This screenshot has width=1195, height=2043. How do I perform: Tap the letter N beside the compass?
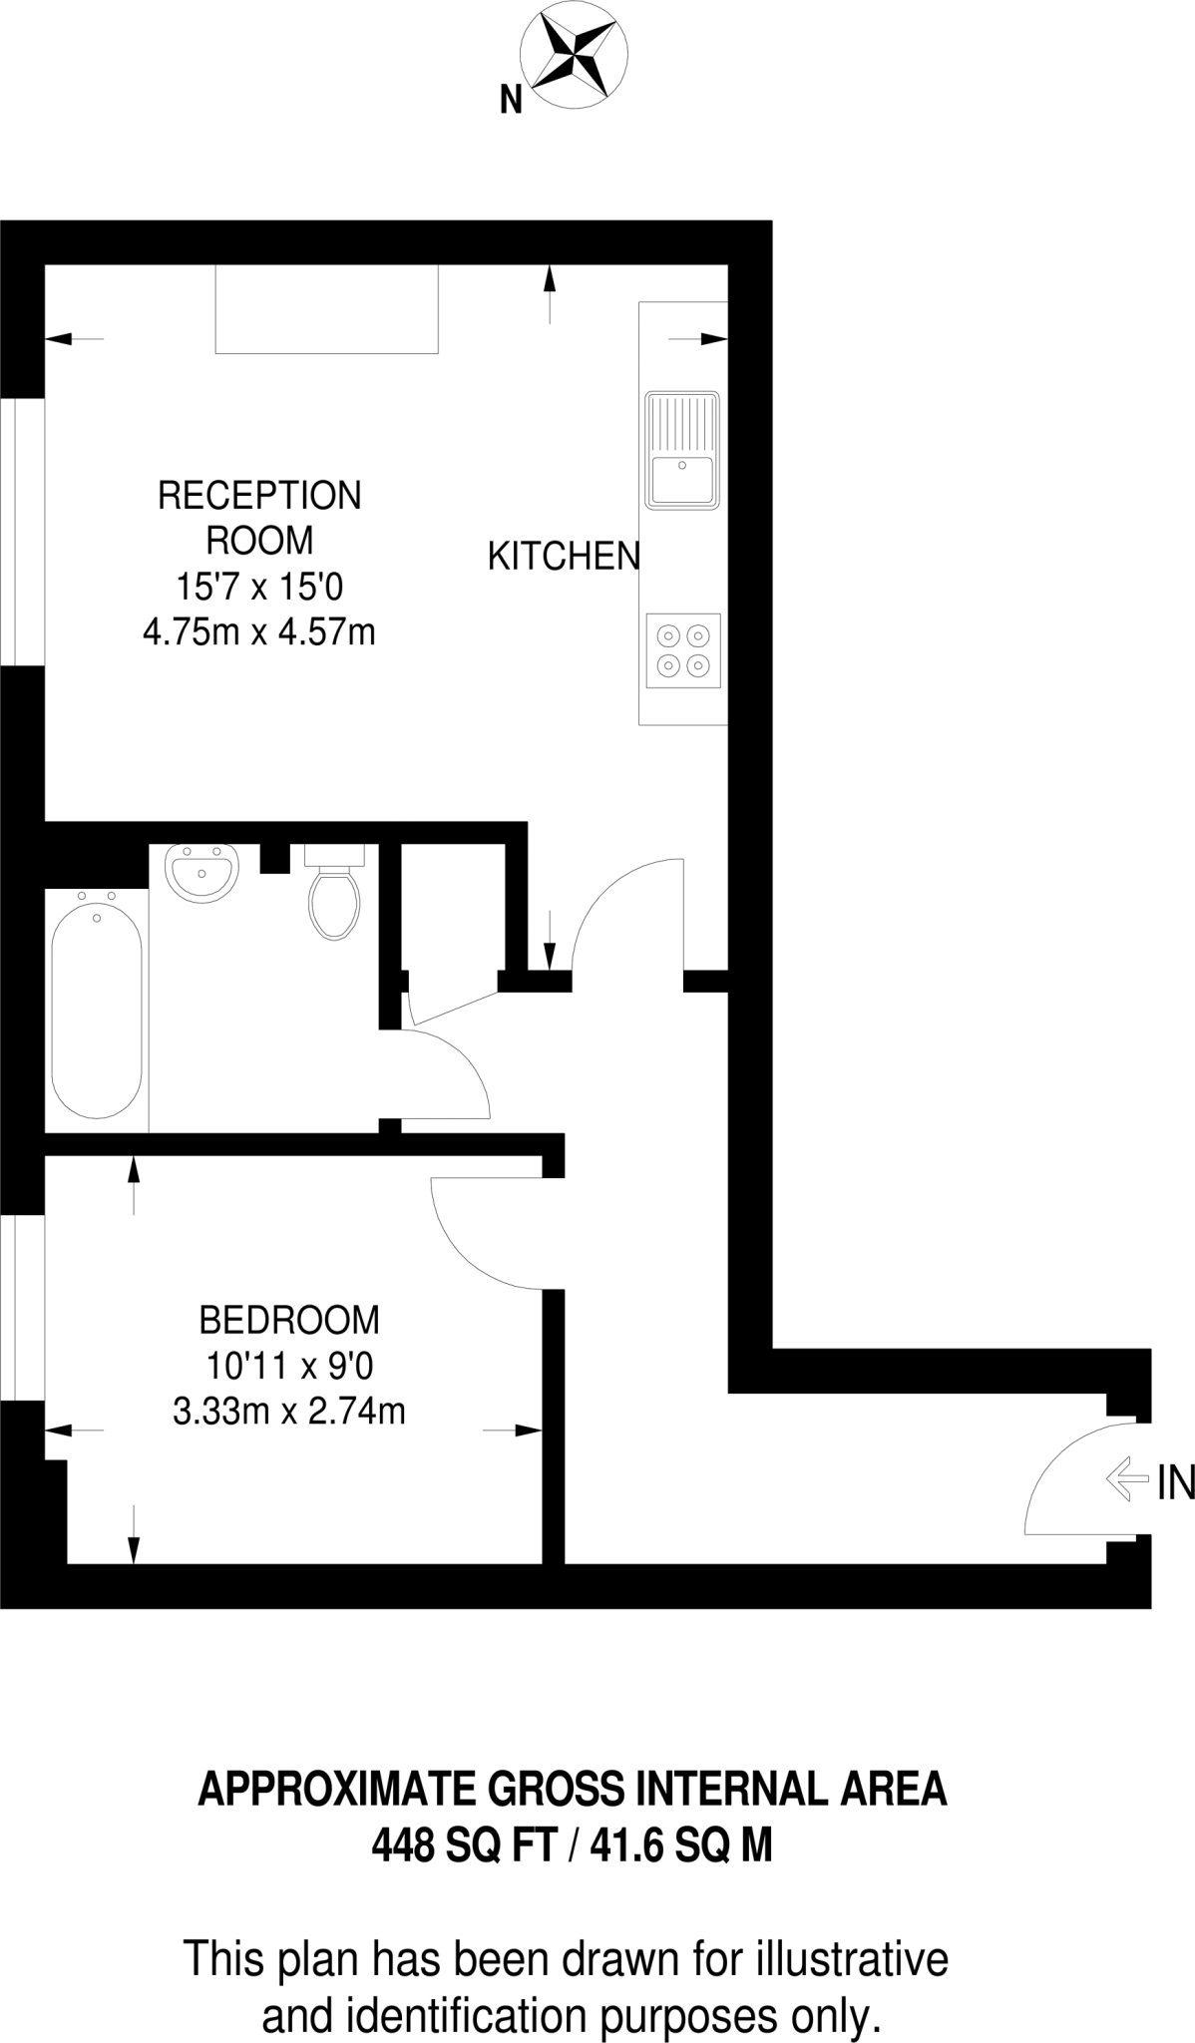[511, 100]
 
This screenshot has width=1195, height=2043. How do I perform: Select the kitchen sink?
[682, 450]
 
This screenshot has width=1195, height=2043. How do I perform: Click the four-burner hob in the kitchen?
[683, 649]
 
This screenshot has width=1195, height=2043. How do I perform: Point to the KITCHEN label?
[563, 556]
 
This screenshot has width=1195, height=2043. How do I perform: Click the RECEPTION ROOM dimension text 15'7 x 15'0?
[259, 587]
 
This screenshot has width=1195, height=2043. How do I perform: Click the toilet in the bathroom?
[334, 898]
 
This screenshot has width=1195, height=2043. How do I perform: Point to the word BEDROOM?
[289, 1320]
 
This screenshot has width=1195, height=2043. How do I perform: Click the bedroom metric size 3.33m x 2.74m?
[289, 1412]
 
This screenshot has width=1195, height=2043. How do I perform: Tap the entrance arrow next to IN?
[1127, 1477]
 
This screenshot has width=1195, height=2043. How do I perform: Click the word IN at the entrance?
[1175, 1483]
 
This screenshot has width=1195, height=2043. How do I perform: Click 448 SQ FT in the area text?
[463, 1844]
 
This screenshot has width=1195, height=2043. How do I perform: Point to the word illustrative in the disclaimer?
[852, 1958]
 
